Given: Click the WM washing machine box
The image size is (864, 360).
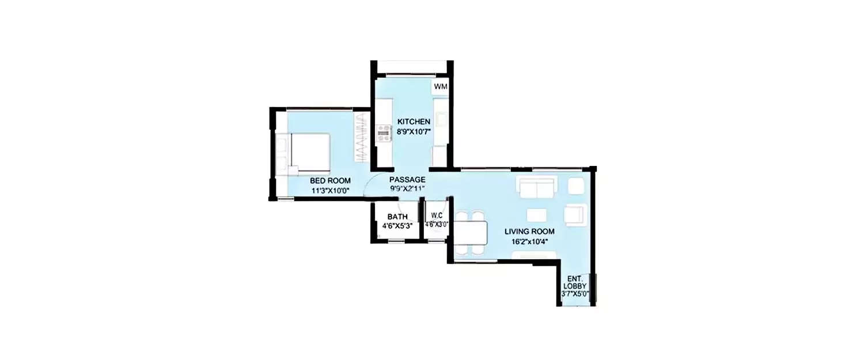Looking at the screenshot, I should coord(440,86).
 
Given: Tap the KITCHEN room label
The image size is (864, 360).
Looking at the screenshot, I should coord(413,122).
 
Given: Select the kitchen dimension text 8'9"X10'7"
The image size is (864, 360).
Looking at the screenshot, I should coord(413,131).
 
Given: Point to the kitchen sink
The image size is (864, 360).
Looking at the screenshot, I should coord(442,119).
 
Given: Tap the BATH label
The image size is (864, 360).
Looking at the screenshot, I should coord(397,217).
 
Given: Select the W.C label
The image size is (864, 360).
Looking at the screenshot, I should coord(436,217).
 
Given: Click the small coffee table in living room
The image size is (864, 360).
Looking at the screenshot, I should coord(536,215).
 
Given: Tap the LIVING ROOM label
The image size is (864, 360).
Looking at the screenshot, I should coord(529,232).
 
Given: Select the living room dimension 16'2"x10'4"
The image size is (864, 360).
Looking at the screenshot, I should coord(529,241).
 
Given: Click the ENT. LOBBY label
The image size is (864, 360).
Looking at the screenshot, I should coord(575,281).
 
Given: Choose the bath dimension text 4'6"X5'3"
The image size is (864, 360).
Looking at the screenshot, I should coord(397,225).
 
